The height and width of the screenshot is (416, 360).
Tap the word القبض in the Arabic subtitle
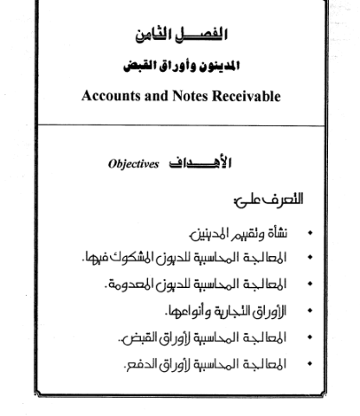pyautogui.click(x=147, y=64)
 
